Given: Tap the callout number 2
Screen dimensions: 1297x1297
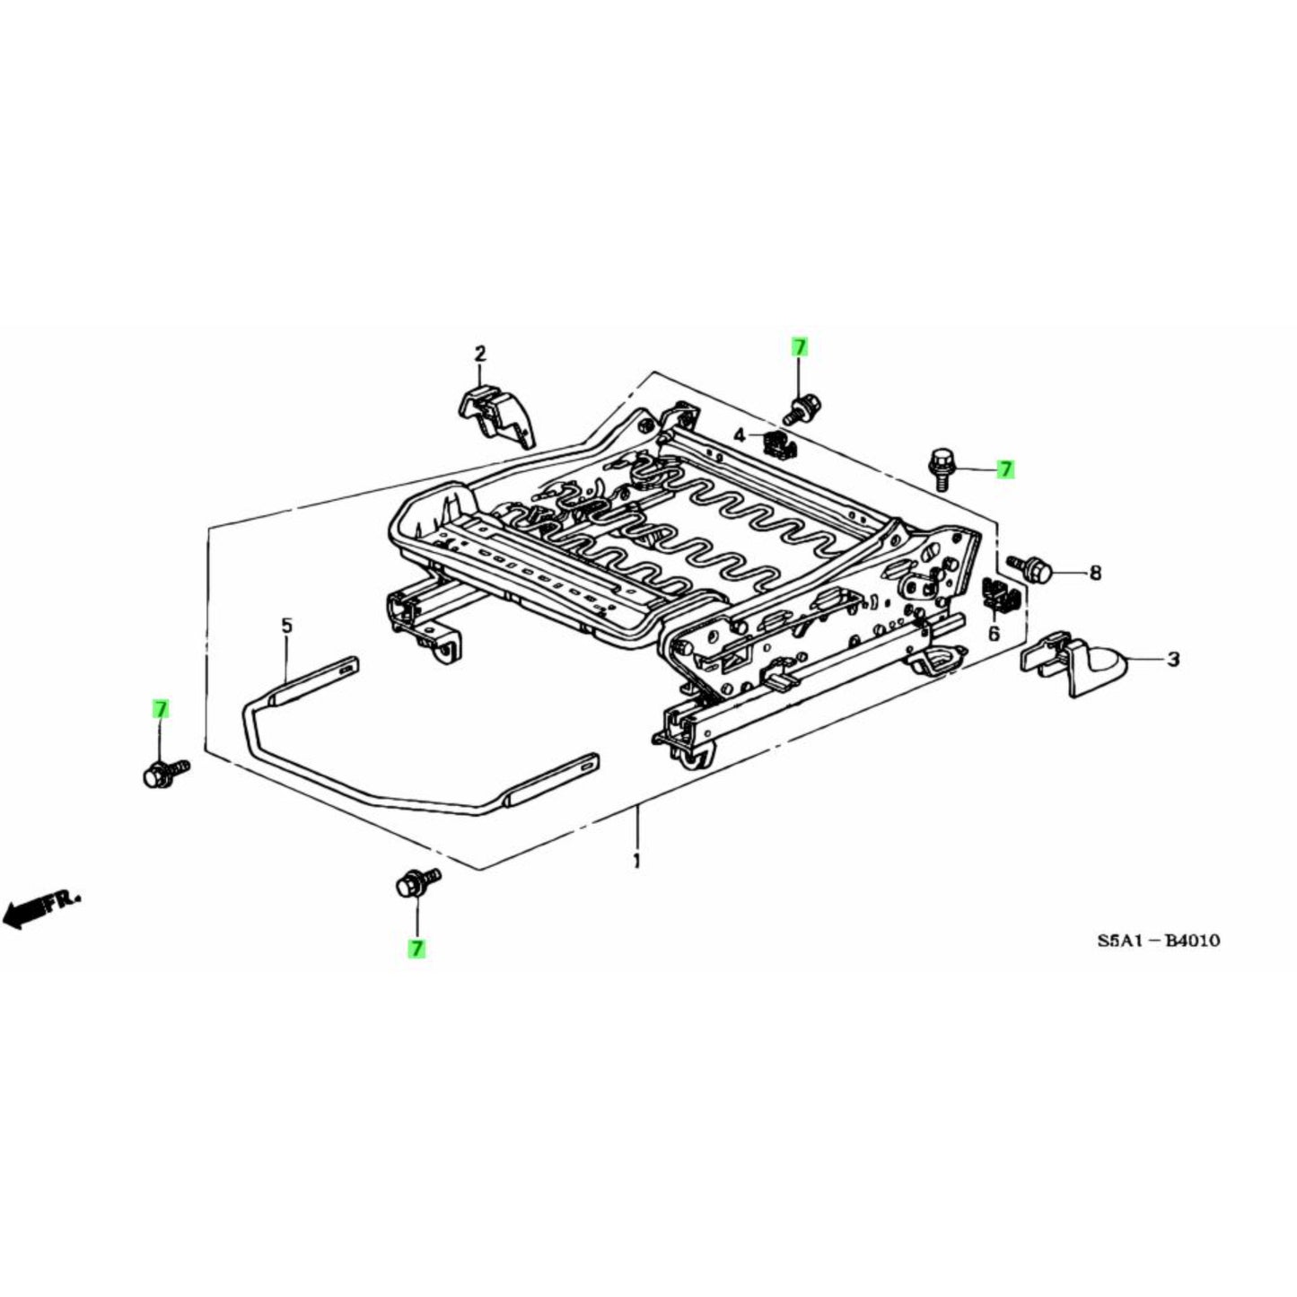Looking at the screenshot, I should click(480, 354).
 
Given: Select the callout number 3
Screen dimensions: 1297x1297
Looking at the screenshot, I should click(1173, 661).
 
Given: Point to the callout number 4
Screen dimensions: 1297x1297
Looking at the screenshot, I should click(740, 436).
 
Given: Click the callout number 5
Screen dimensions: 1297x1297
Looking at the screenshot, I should click(286, 625).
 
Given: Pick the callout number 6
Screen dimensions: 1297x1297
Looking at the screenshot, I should click(994, 634).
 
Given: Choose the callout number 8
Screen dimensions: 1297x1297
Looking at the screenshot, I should click(1094, 573).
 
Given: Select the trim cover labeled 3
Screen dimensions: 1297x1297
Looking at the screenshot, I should click(1077, 664).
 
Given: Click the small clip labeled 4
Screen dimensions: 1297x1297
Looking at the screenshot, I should click(774, 443).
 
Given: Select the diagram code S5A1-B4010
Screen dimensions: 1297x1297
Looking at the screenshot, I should click(1158, 942).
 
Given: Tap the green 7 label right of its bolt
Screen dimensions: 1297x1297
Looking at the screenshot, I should click(1005, 469).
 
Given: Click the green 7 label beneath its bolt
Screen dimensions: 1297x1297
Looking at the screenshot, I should click(416, 948).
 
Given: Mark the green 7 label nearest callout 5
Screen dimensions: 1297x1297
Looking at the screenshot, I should click(160, 709).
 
